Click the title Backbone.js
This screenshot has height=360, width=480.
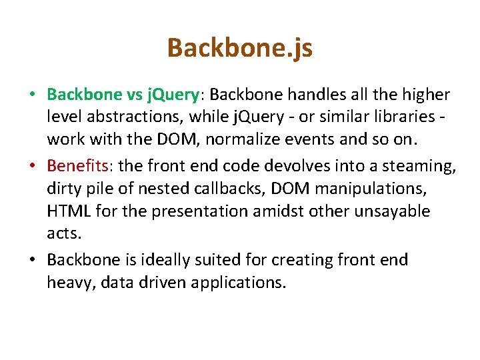tap(239, 48)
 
